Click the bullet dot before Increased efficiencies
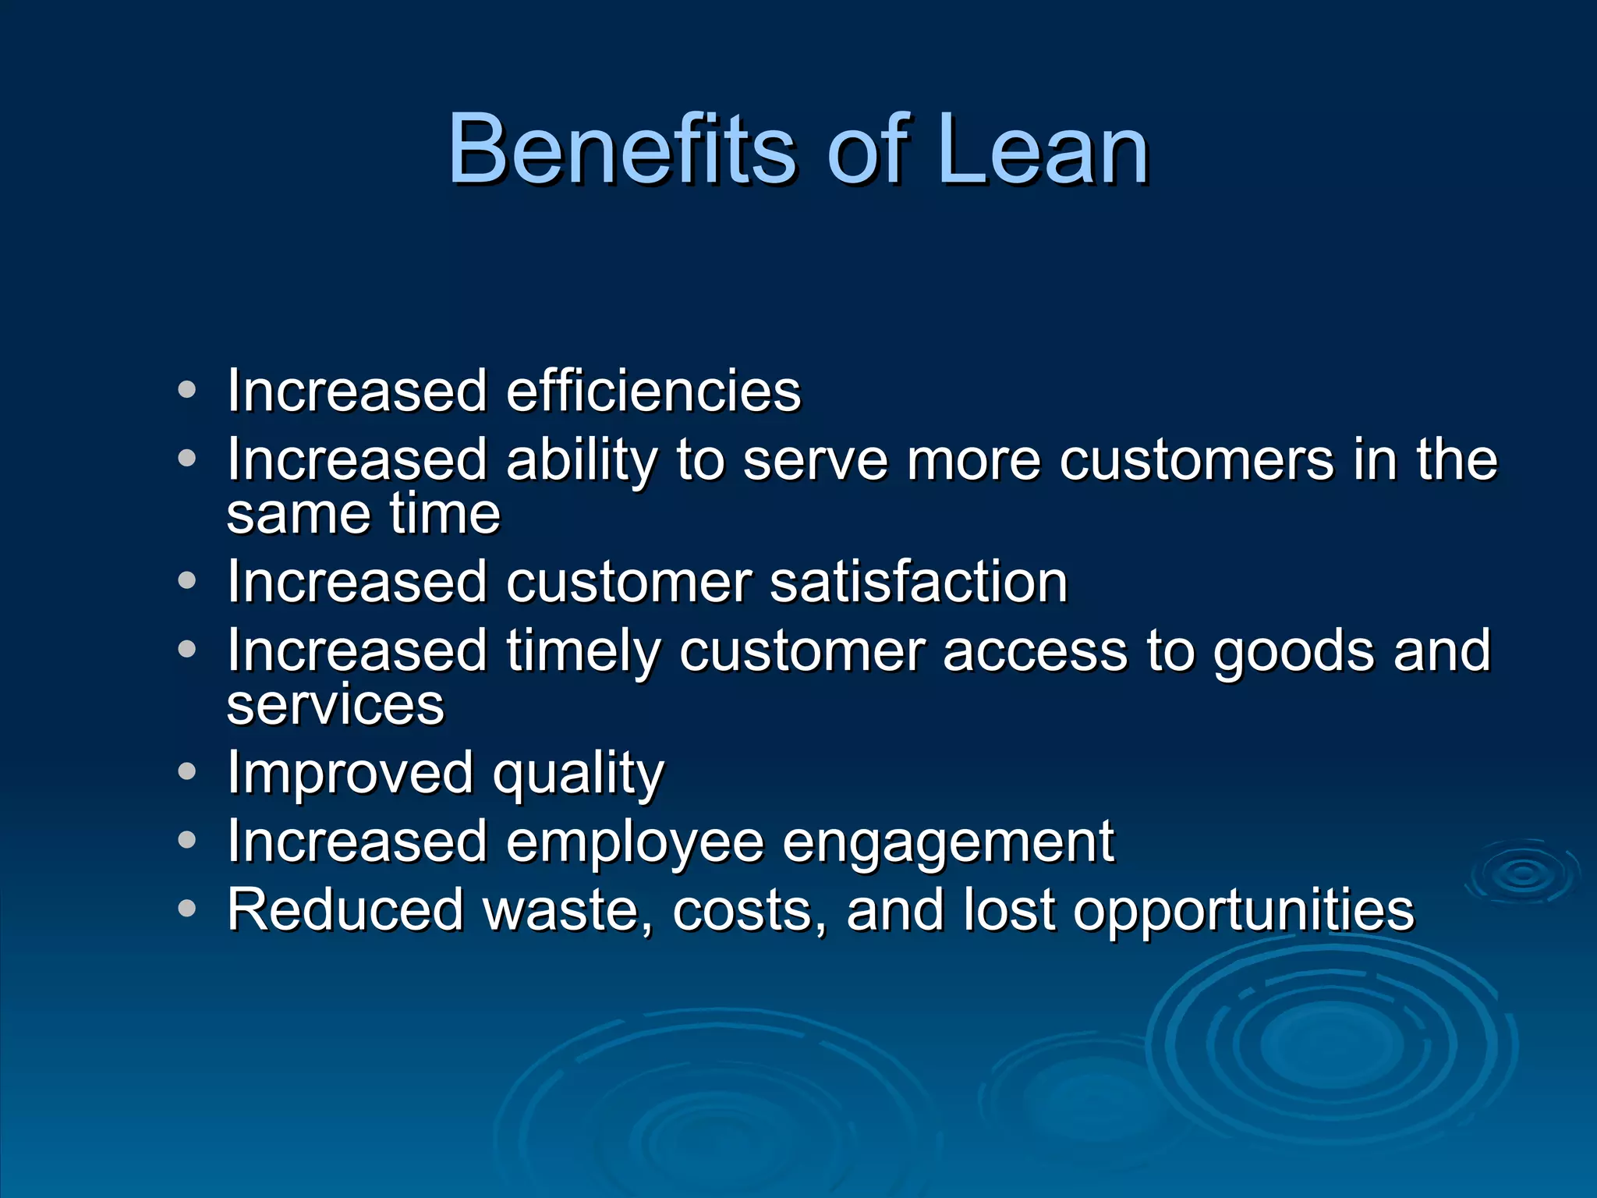(186, 389)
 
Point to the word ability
(582, 460)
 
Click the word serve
(815, 460)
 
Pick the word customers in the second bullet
(1196, 460)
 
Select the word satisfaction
(919, 582)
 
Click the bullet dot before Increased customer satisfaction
(186, 580)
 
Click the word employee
(635, 843)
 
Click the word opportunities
(1243, 911)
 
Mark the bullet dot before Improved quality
(186, 771)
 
